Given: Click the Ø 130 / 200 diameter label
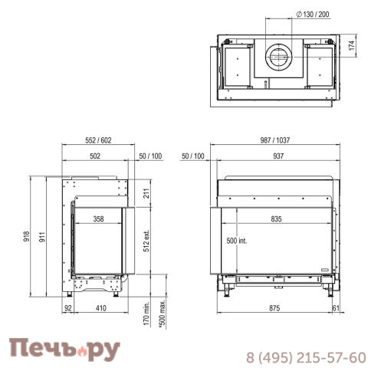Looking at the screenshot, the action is [x=313, y=15].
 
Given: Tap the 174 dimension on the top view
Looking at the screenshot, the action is [x=352, y=45].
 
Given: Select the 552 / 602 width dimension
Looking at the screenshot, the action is [x=98, y=140].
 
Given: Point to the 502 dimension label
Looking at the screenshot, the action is [x=95, y=156].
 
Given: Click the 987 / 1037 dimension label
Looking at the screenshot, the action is [x=275, y=140].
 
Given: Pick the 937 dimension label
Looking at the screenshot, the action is [x=278, y=156].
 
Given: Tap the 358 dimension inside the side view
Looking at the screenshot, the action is [x=98, y=219].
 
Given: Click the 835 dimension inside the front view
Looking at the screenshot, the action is [x=276, y=219].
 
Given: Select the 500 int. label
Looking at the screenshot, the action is [x=237, y=241].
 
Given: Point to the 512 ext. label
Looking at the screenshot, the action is [x=146, y=241].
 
